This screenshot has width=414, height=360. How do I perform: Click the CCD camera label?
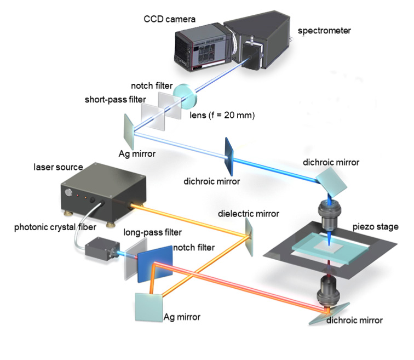170,19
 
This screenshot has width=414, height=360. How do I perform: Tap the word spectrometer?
324,31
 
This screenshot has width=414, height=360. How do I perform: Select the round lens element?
185,96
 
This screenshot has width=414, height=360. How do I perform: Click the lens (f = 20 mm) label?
222,115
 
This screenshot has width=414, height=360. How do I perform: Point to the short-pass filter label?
115,100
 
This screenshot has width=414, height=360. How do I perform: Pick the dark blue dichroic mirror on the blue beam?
229,156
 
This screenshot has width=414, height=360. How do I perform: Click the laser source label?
58,167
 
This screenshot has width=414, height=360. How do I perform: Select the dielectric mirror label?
248,213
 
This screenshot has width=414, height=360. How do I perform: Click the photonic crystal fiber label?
55,227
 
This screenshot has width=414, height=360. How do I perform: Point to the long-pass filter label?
152,232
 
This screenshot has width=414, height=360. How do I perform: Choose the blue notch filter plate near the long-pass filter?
155,264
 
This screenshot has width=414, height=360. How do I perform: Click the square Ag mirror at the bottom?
148,307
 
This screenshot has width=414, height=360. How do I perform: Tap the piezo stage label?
376,227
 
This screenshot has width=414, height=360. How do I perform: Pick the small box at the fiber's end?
99,249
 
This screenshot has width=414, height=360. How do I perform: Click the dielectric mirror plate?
249,237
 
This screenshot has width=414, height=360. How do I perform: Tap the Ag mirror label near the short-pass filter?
137,154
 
